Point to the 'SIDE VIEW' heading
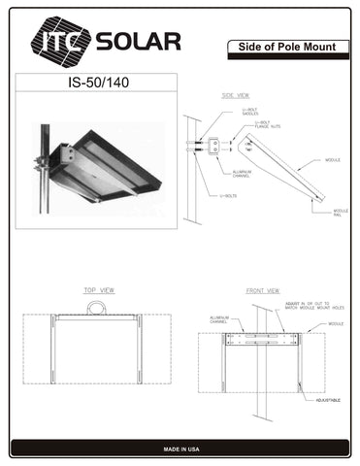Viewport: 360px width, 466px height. (236, 95)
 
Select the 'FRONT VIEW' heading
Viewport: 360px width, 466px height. (262, 290)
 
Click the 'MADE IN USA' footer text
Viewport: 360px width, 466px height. (180, 449)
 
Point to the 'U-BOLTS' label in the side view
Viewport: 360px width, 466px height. (230, 196)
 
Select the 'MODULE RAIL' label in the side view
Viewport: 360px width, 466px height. (341, 213)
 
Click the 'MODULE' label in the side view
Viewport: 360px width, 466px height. (332, 159)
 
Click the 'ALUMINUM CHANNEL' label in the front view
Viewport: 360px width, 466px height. (219, 320)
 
